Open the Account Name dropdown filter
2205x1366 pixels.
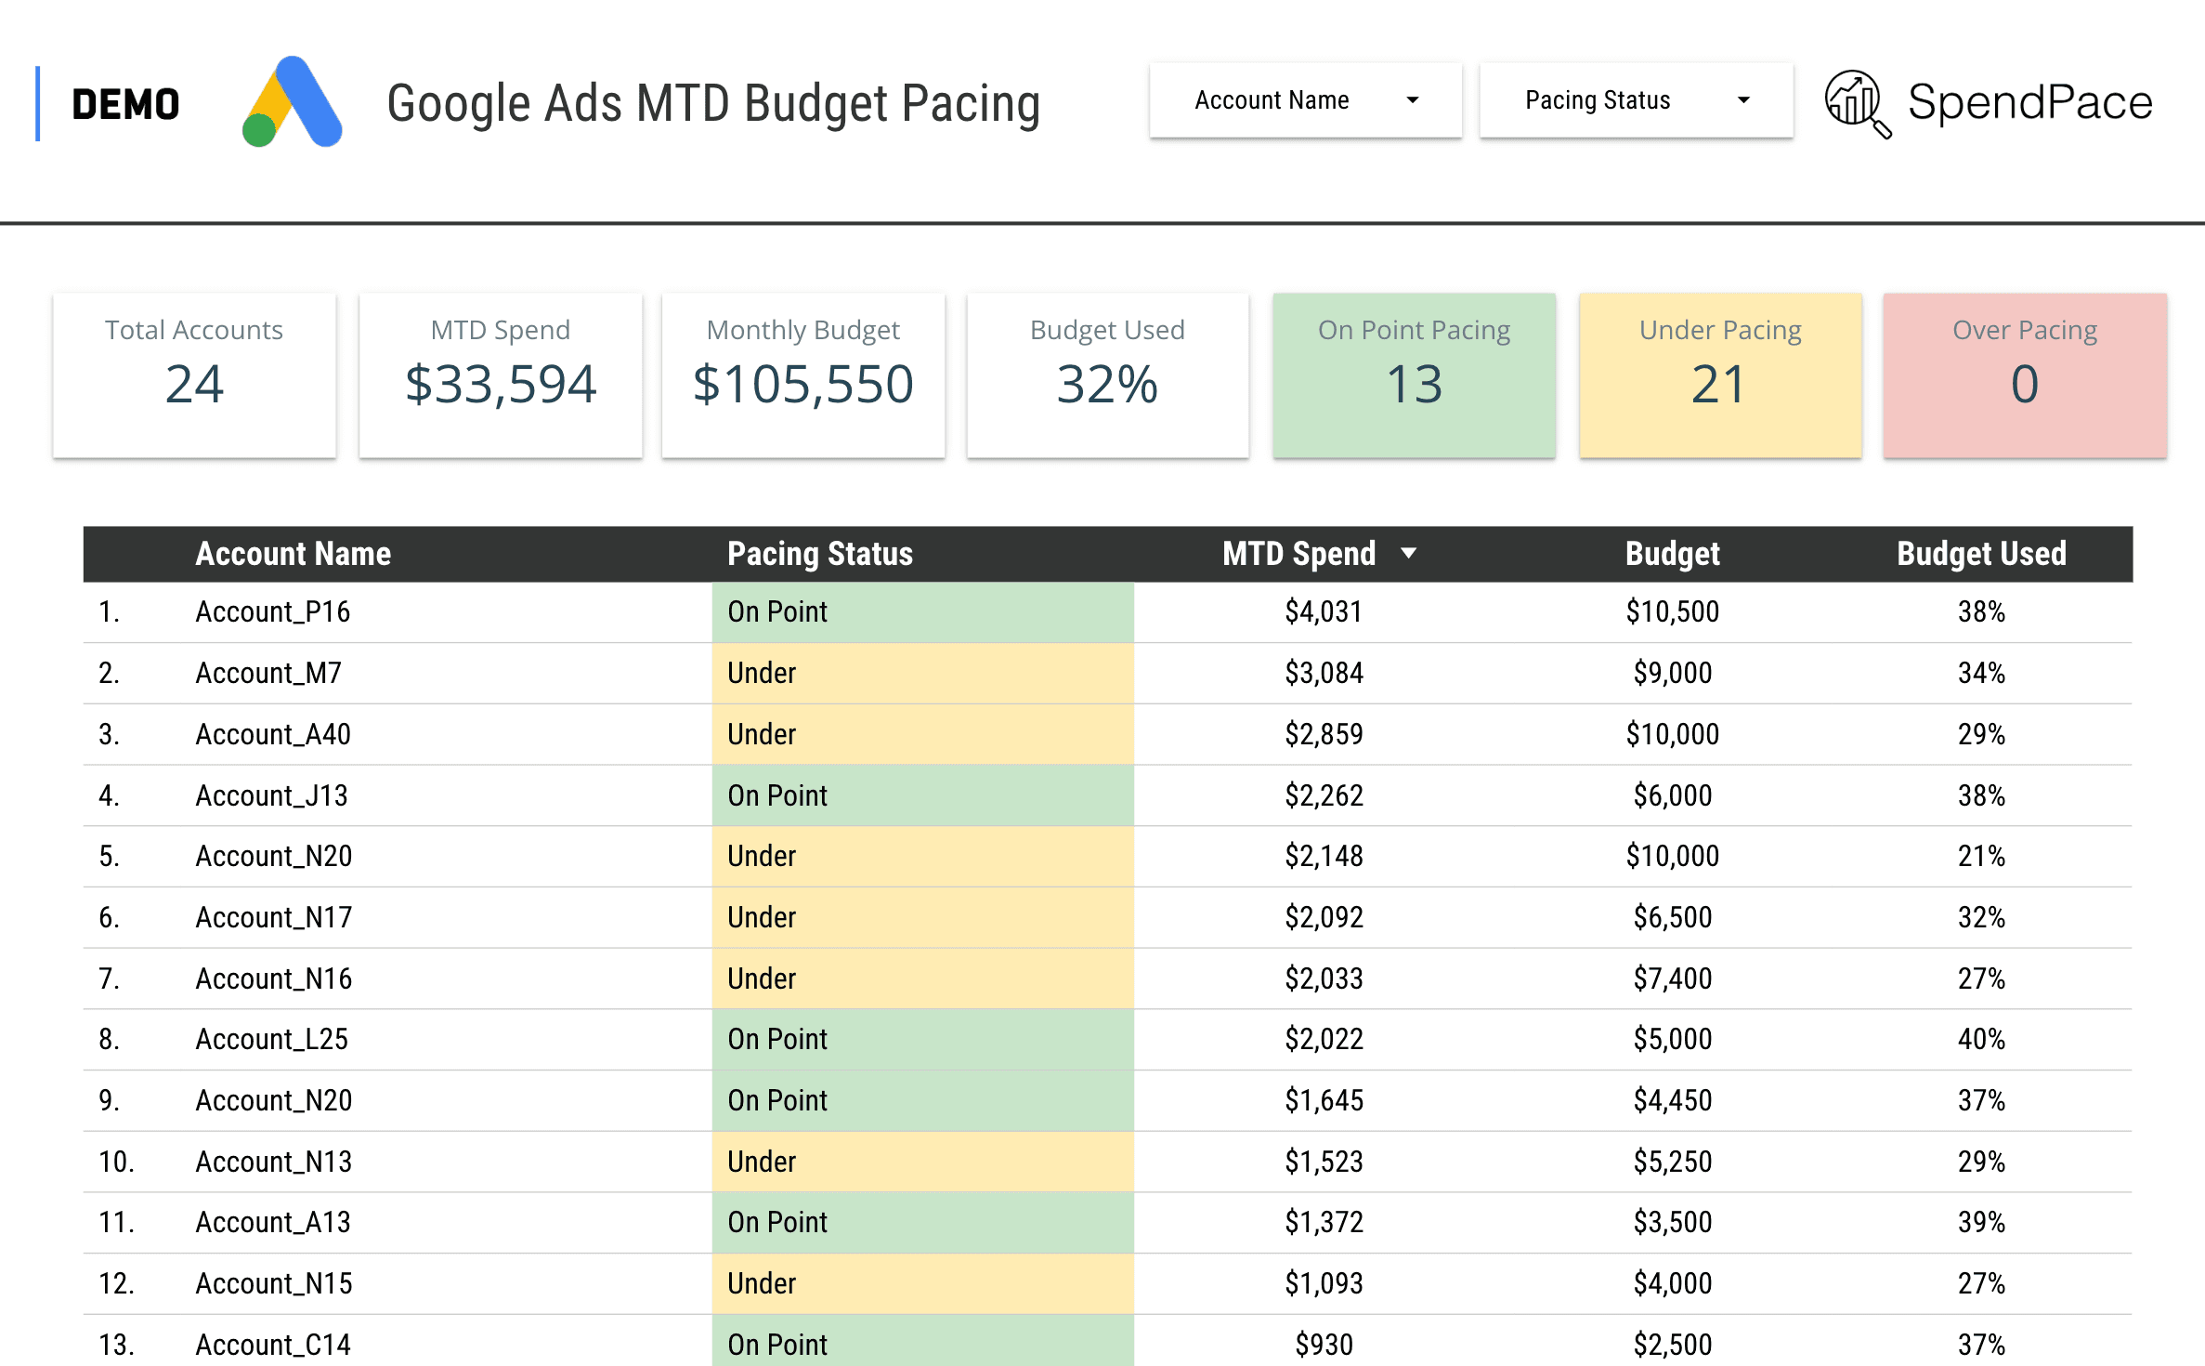tap(1305, 100)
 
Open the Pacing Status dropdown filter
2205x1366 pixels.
tap(1635, 100)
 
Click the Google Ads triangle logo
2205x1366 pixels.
tap(293, 102)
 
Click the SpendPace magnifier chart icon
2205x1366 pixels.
tap(1857, 103)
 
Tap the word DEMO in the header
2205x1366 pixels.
tap(125, 104)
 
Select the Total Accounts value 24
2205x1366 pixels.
tap(194, 384)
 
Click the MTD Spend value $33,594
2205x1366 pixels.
tap(501, 384)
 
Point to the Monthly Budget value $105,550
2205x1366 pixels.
tap(803, 384)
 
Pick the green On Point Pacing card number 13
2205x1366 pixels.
tap(1414, 384)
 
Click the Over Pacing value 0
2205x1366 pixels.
tap(2025, 384)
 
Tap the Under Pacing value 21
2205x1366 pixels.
tap(1719, 384)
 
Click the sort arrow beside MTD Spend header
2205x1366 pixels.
tap(1408, 553)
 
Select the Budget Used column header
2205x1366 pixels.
tap(1981, 554)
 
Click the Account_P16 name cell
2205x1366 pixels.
tap(272, 611)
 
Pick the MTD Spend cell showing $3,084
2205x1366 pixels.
tap(1324, 673)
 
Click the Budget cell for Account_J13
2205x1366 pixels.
tap(1672, 795)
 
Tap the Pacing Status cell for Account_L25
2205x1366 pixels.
tap(921, 1039)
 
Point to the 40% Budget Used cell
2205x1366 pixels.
tap(1981, 1039)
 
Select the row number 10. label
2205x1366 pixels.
tap(116, 1162)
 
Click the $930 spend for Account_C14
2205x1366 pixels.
tap(1324, 1344)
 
